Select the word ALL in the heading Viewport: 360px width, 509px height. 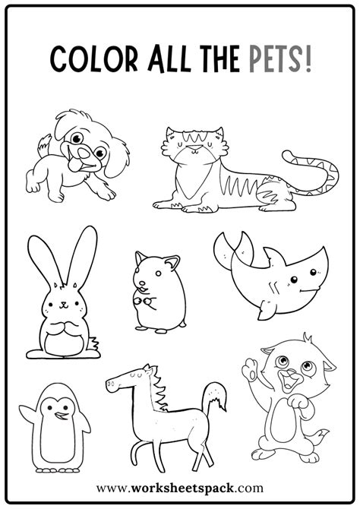tap(173, 57)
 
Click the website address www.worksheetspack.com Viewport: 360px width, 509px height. tap(180, 488)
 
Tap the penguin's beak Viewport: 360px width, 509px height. tap(50, 411)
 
